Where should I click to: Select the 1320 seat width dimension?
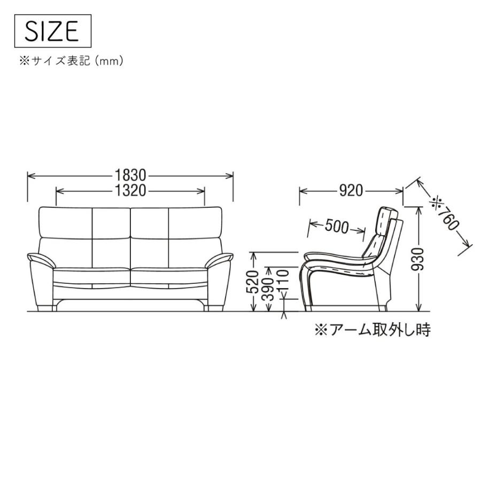coord(130,191)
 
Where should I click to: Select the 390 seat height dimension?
coord(269,289)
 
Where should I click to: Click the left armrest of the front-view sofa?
coord(40,261)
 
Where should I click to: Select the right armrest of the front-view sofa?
coord(220,261)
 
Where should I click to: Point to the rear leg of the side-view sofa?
coord(383,308)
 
